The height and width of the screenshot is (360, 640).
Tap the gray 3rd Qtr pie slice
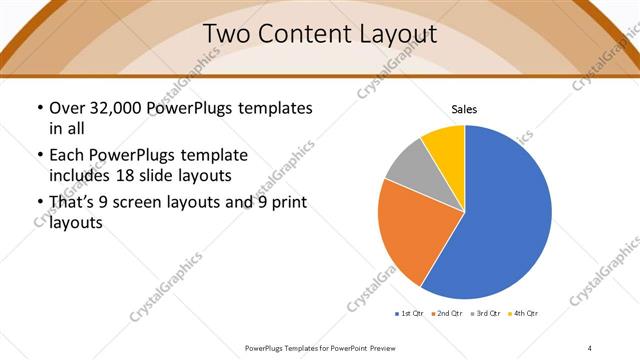407,167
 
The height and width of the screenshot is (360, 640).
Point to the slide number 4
590,347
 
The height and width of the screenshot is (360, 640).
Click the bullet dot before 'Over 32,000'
39,108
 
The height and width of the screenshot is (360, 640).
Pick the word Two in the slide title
230,34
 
